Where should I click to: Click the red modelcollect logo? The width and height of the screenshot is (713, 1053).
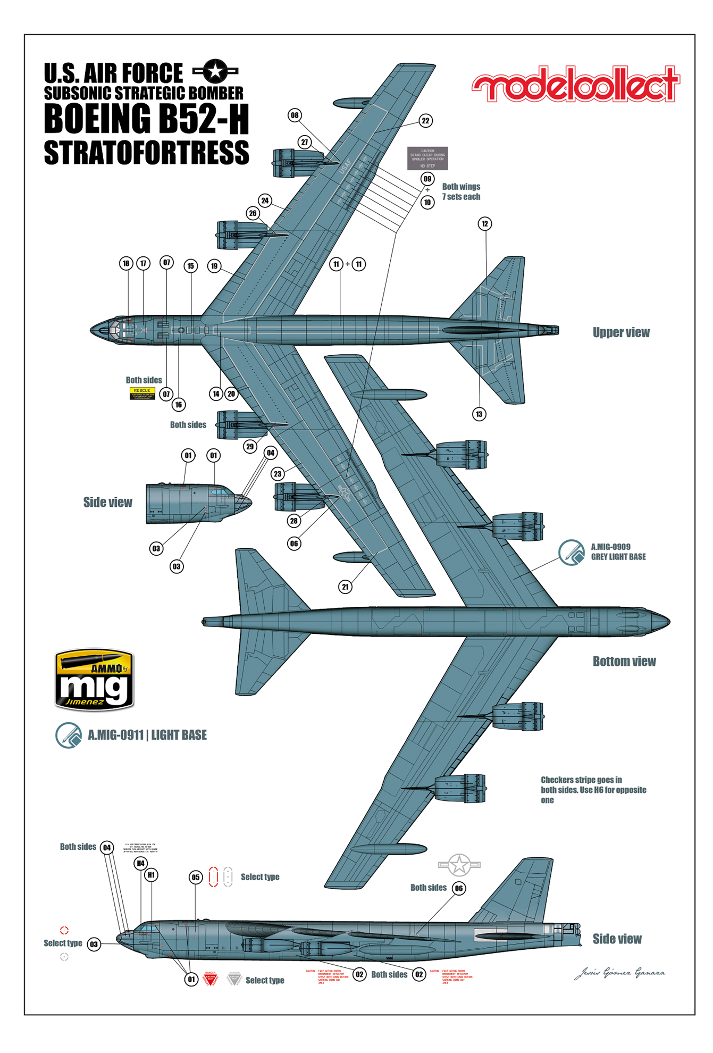[x=575, y=84]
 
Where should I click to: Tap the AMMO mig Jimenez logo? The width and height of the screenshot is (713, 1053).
[x=94, y=680]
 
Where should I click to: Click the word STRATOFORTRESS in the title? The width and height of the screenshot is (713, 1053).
[x=146, y=153]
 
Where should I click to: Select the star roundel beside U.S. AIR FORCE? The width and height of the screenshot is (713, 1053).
[x=215, y=71]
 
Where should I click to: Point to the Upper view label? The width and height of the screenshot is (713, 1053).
[x=621, y=333]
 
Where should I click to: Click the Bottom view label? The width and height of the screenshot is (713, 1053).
[x=624, y=662]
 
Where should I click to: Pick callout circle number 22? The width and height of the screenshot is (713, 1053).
[x=425, y=121]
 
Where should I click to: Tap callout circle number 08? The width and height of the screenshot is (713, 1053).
[x=295, y=115]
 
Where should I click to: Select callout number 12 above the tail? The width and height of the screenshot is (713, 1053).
[x=484, y=224]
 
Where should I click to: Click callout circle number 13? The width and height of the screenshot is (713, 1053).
[x=479, y=414]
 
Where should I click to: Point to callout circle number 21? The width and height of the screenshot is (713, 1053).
[x=346, y=587]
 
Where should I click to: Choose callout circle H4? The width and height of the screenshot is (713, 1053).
[x=140, y=863]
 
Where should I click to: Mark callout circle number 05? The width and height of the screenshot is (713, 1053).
[x=196, y=878]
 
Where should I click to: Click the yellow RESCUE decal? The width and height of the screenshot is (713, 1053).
[x=142, y=394]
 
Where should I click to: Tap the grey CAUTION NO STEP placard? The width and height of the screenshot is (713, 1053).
[x=427, y=158]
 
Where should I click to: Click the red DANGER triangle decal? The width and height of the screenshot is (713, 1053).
[x=211, y=979]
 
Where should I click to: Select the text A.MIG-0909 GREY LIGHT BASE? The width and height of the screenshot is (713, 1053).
[x=618, y=552]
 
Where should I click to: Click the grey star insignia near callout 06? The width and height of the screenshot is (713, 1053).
[x=459, y=865]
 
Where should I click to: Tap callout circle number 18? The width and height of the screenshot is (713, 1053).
[x=126, y=263]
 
